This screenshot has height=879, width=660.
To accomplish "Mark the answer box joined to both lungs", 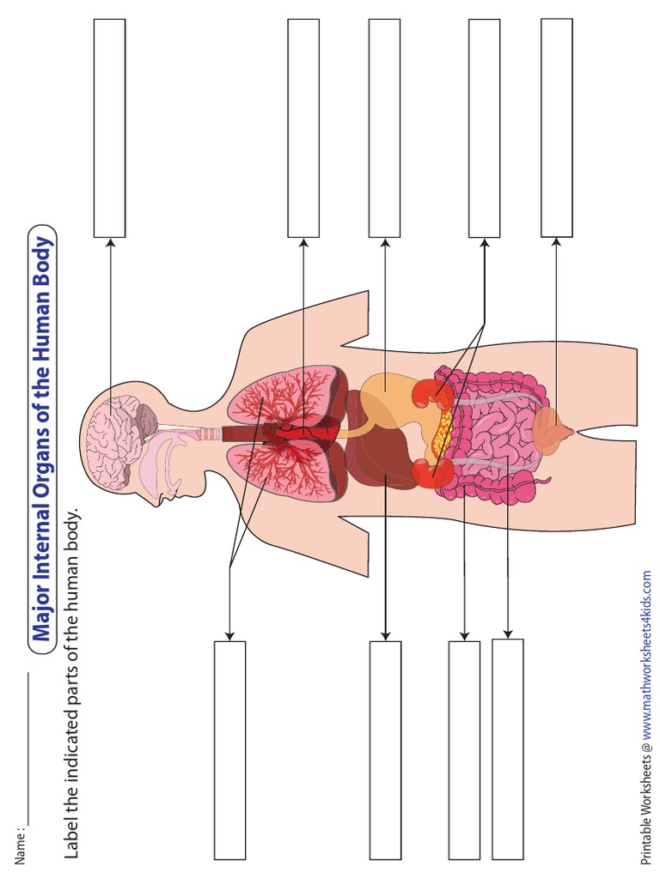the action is point(229,749).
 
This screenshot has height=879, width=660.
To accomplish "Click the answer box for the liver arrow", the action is point(385,749).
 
